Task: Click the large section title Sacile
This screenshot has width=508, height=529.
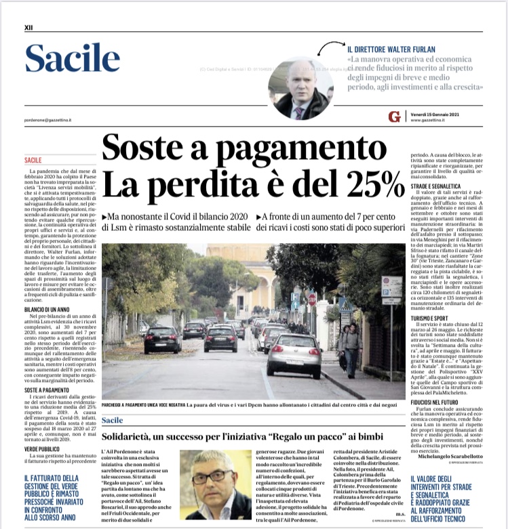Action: click(x=72, y=60)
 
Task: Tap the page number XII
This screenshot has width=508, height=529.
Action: click(x=28, y=28)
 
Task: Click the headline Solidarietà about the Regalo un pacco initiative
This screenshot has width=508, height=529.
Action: click(x=245, y=433)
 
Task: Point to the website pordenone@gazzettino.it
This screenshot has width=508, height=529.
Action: click(x=50, y=117)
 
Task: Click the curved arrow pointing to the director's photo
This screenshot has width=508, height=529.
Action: click(x=332, y=47)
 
